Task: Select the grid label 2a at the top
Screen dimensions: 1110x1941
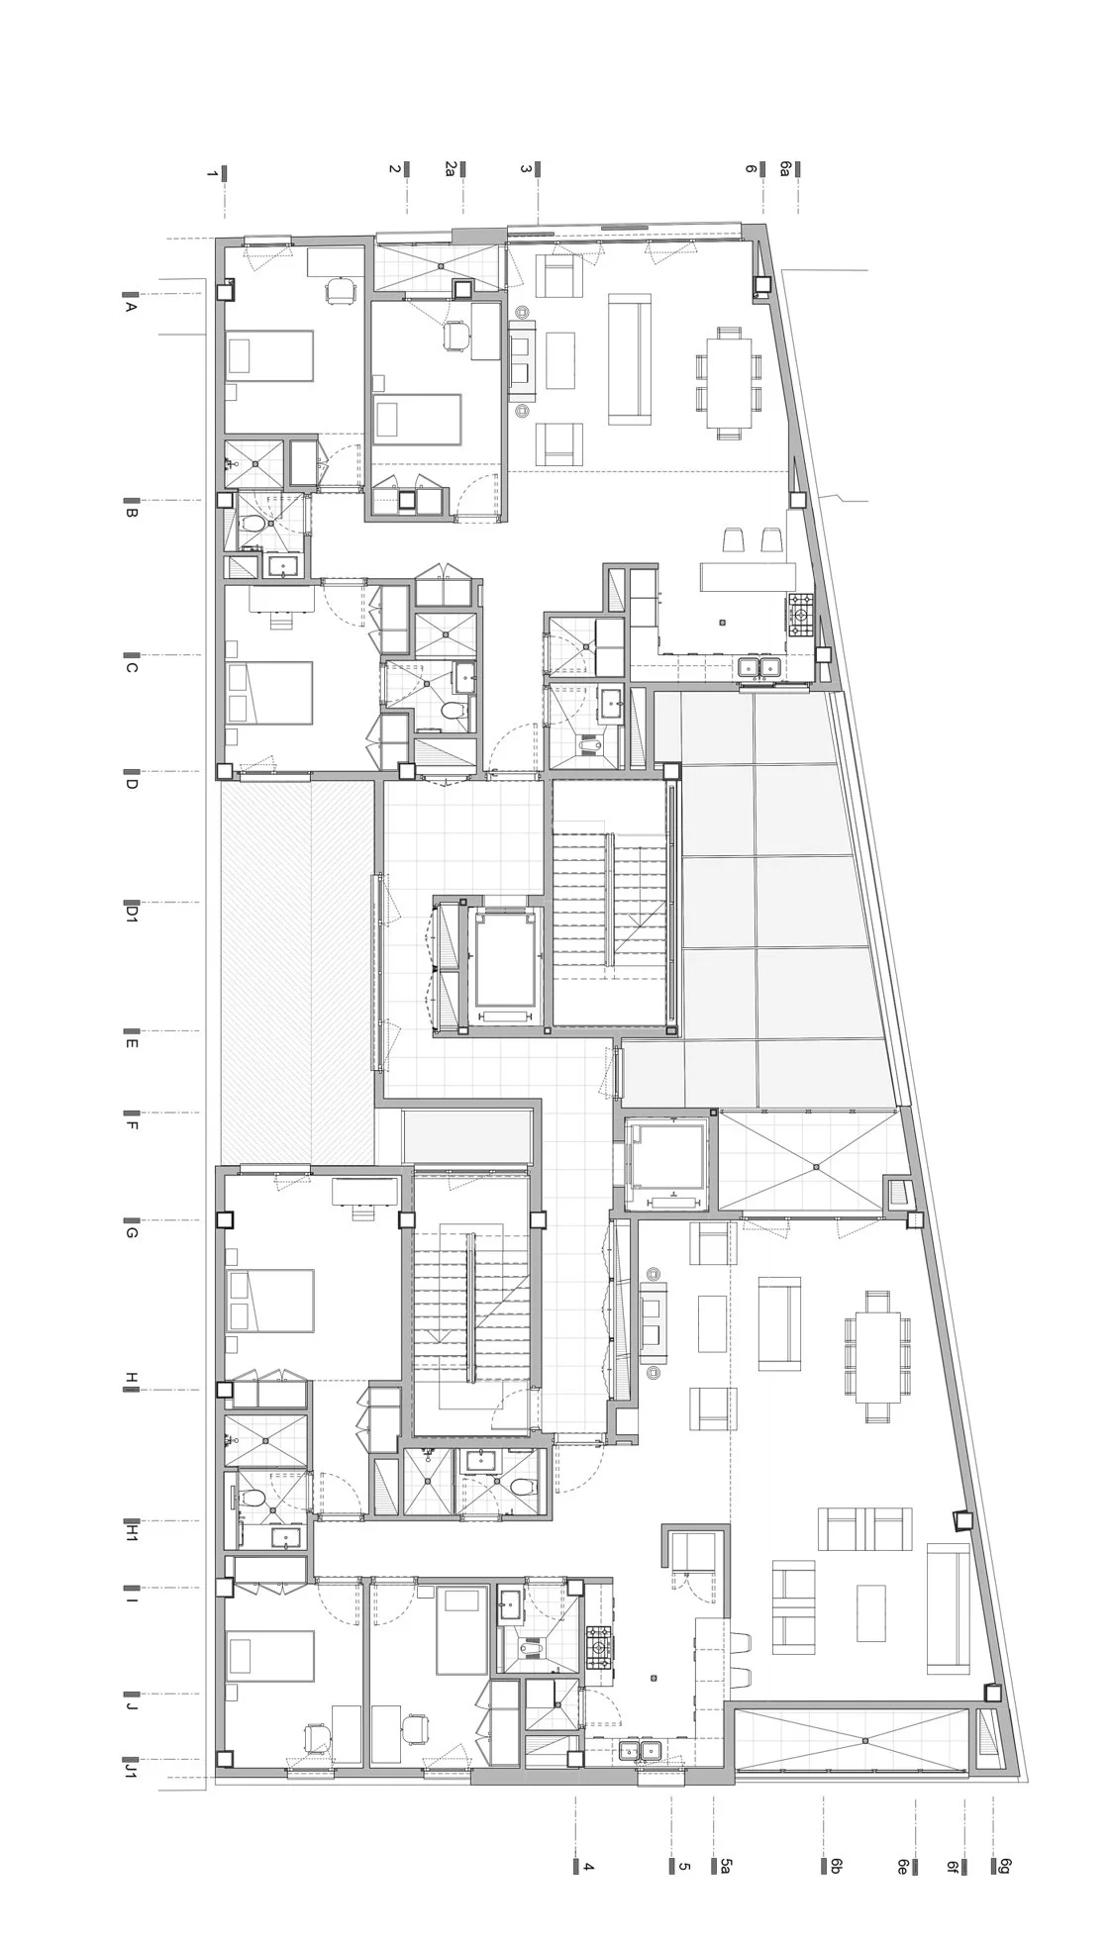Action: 450,169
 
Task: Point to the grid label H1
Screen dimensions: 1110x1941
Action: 130,1533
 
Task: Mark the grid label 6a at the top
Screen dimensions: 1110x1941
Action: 785,169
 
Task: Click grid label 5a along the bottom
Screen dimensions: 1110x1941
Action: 726,1866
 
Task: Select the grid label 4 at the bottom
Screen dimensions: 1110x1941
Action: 587,1866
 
